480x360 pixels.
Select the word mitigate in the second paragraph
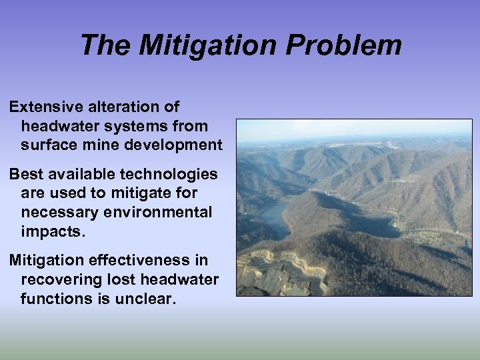point(138,193)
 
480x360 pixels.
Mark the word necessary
point(54,212)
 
